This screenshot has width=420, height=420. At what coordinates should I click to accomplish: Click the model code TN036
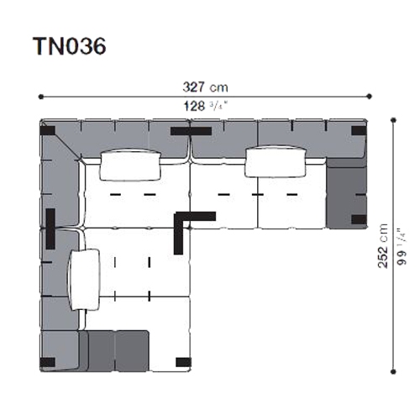[x=70, y=46]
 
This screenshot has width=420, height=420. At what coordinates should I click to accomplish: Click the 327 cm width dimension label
[x=205, y=87]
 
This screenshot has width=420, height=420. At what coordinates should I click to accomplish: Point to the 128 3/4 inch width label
[x=206, y=107]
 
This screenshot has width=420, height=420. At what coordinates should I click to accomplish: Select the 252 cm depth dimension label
[x=382, y=246]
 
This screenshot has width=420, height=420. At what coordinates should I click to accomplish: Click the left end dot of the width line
[x=41, y=97]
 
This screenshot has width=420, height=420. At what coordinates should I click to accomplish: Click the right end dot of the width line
[x=370, y=97]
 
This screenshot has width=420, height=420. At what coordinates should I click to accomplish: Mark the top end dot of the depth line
[x=393, y=121]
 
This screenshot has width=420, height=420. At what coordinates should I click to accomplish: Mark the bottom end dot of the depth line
[x=393, y=372]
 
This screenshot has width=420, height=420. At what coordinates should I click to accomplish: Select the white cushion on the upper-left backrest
[x=130, y=165]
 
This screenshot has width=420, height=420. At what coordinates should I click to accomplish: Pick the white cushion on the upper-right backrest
[x=276, y=162]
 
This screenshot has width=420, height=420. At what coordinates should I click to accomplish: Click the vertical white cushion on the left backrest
[x=84, y=280]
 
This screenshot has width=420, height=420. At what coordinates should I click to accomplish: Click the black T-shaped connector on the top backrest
[x=191, y=131]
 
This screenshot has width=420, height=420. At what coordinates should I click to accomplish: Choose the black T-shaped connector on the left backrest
[x=50, y=228]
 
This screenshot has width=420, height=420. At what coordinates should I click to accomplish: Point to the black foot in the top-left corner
[x=48, y=131]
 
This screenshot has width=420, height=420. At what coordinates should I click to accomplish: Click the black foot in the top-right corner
[x=359, y=131]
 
